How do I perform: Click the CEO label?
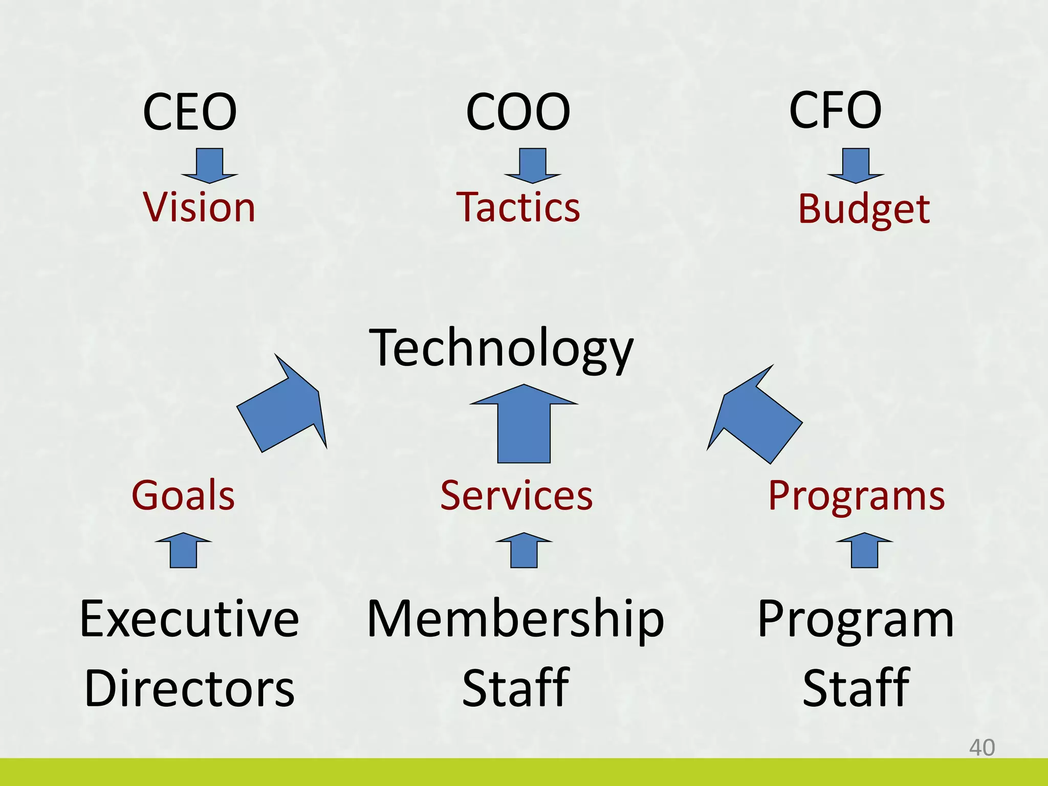[x=190, y=112]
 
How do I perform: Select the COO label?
[x=518, y=112]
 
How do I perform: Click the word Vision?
[x=199, y=207]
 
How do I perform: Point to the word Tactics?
[x=518, y=207]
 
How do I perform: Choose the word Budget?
[x=864, y=209]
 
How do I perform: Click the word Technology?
[x=501, y=348]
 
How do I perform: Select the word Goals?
[x=183, y=495]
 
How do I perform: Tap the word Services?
[x=516, y=495]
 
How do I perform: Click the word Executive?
[x=189, y=619]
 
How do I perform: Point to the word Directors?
[x=189, y=688]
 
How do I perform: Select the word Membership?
[x=515, y=619]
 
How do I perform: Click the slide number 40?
[x=981, y=748]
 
